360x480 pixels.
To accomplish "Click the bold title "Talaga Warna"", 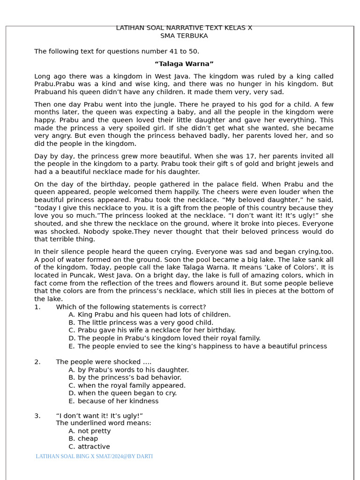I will click(184, 64).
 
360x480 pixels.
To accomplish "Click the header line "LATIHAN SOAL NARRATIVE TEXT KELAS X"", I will click(184, 28).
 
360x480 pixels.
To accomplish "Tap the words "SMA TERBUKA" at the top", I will click(184, 36).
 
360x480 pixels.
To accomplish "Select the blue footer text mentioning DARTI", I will click(94, 457).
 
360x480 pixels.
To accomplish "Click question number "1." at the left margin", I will click(37, 307).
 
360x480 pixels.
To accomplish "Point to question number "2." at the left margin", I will click(37, 362).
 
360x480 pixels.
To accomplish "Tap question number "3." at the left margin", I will click(37, 416).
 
